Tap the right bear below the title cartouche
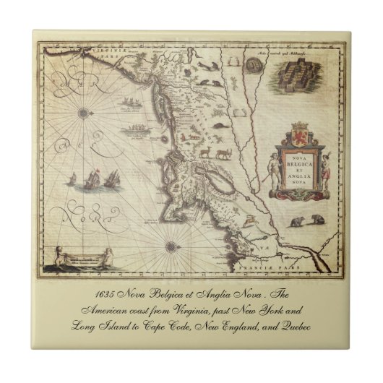pos(317,222)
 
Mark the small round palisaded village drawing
pos(254,67)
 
